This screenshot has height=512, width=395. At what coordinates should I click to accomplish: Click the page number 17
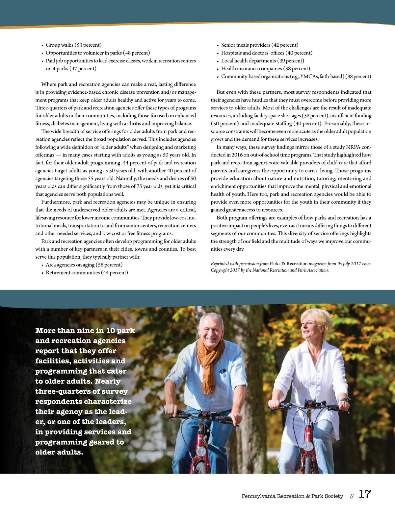[364, 494]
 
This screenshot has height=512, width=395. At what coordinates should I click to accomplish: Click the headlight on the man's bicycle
[201, 451]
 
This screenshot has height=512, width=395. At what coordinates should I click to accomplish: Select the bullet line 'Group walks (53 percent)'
[73, 45]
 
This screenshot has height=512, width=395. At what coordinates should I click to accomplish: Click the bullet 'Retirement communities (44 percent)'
[87, 273]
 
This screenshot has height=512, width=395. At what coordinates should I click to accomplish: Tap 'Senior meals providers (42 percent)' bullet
[259, 45]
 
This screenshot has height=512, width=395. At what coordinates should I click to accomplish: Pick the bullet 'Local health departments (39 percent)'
[262, 61]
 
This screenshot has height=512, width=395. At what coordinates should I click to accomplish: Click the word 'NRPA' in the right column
[353, 147]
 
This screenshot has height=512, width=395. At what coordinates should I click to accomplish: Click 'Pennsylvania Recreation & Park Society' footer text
[292, 496]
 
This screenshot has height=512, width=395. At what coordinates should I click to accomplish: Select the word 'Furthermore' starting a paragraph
[55, 202]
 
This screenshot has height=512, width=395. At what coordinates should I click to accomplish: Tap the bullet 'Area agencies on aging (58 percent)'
[84, 265]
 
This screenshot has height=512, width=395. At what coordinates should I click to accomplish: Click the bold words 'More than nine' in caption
[69, 331]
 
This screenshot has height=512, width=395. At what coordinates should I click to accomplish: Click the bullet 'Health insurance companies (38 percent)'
[265, 69]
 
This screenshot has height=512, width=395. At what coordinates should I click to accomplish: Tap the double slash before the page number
[351, 497]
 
